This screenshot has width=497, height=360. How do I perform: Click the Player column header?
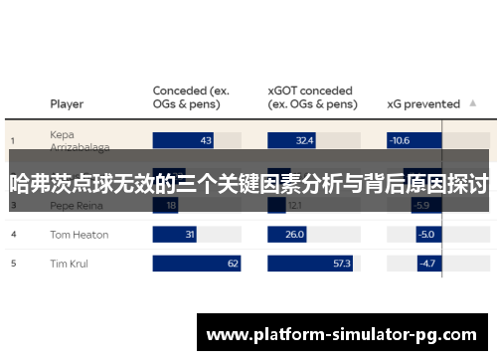pos(67,103)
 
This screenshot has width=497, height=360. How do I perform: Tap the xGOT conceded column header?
pos(312,97)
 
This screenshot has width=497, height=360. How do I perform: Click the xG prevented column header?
pos(422,103)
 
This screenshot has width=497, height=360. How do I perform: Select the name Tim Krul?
pos(69,264)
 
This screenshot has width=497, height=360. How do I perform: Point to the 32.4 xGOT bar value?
pos(304,140)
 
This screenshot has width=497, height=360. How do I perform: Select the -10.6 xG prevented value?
pos(400,140)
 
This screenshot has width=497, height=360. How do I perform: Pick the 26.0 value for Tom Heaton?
pos(294,235)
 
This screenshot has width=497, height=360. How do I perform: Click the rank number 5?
pos(13,264)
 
